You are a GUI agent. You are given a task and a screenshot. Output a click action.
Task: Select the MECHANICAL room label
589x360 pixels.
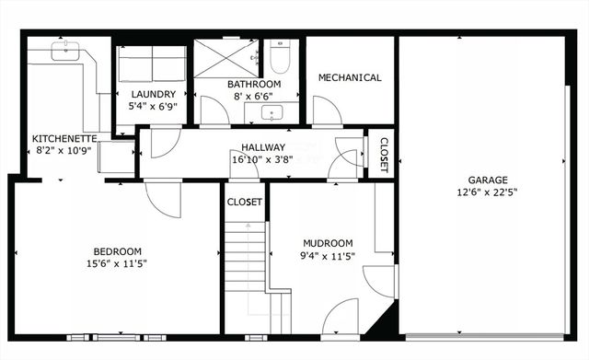(x=350, y=77)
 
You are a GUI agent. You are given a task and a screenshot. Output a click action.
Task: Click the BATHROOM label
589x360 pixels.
(x=254, y=84)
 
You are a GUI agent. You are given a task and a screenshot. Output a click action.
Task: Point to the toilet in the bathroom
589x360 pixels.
(x=281, y=60)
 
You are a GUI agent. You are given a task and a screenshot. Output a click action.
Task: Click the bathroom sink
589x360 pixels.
(x=272, y=112)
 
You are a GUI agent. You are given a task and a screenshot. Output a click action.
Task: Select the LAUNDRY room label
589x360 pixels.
(x=153, y=94)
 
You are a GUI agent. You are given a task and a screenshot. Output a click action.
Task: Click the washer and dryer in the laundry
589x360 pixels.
(x=152, y=64)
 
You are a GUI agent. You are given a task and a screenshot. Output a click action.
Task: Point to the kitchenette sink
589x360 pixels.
(x=65, y=51)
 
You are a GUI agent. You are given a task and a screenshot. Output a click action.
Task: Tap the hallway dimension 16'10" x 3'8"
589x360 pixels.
(x=263, y=159)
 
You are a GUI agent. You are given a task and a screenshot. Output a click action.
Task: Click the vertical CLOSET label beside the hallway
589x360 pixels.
(x=384, y=156)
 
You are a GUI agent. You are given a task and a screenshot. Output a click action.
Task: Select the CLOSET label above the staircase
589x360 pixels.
(x=245, y=202)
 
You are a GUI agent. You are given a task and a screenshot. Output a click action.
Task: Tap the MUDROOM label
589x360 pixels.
(x=328, y=244)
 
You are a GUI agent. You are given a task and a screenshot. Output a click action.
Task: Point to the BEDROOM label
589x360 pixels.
(x=117, y=251)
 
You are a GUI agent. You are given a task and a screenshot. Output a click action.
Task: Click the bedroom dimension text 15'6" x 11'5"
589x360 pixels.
(x=117, y=264)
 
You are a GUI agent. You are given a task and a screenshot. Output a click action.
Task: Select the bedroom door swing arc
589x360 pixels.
(x=163, y=201)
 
